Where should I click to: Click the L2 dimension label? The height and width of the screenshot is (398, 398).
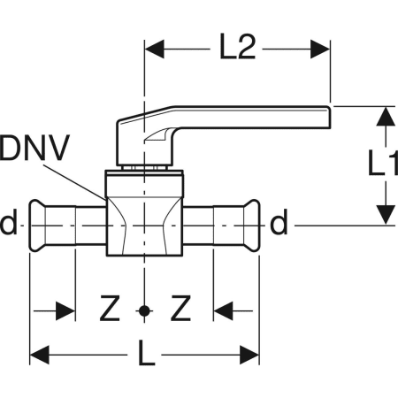(x=237, y=48)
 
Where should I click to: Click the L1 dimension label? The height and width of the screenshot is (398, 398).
(x=383, y=163)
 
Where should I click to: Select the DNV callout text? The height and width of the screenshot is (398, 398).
(x=34, y=148)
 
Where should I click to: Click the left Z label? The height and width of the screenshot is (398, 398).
(x=110, y=309)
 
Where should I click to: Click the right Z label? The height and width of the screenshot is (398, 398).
(x=180, y=309)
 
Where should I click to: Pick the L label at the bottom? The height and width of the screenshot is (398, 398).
(x=147, y=353)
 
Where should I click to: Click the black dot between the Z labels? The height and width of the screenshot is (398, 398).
(x=144, y=310)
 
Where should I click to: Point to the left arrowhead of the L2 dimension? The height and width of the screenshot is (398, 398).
(x=154, y=49)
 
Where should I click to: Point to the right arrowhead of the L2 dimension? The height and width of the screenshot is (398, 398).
(x=320, y=49)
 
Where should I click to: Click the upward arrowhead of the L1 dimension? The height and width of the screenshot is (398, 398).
(x=386, y=117)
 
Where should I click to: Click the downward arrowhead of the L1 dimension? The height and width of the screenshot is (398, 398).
(x=386, y=215)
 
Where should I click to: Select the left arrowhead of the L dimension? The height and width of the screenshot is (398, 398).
(x=40, y=355)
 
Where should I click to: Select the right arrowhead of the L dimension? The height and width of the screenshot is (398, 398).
(x=249, y=355)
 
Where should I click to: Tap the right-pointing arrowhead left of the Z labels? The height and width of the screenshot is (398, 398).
(x=65, y=310)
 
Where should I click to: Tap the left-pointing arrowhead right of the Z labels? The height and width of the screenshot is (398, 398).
(x=223, y=310)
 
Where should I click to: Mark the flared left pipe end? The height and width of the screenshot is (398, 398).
(x=37, y=226)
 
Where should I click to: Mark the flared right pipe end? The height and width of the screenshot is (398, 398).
(x=252, y=226)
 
